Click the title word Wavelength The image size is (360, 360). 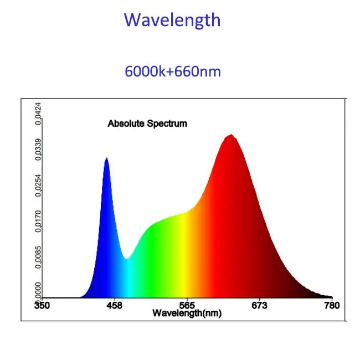172,20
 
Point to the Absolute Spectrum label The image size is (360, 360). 147,124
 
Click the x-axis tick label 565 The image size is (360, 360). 187,306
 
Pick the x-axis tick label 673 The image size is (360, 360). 259,306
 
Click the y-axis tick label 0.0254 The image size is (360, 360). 38,184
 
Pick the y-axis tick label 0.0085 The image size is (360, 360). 38,258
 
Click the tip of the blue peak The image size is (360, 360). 106,159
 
